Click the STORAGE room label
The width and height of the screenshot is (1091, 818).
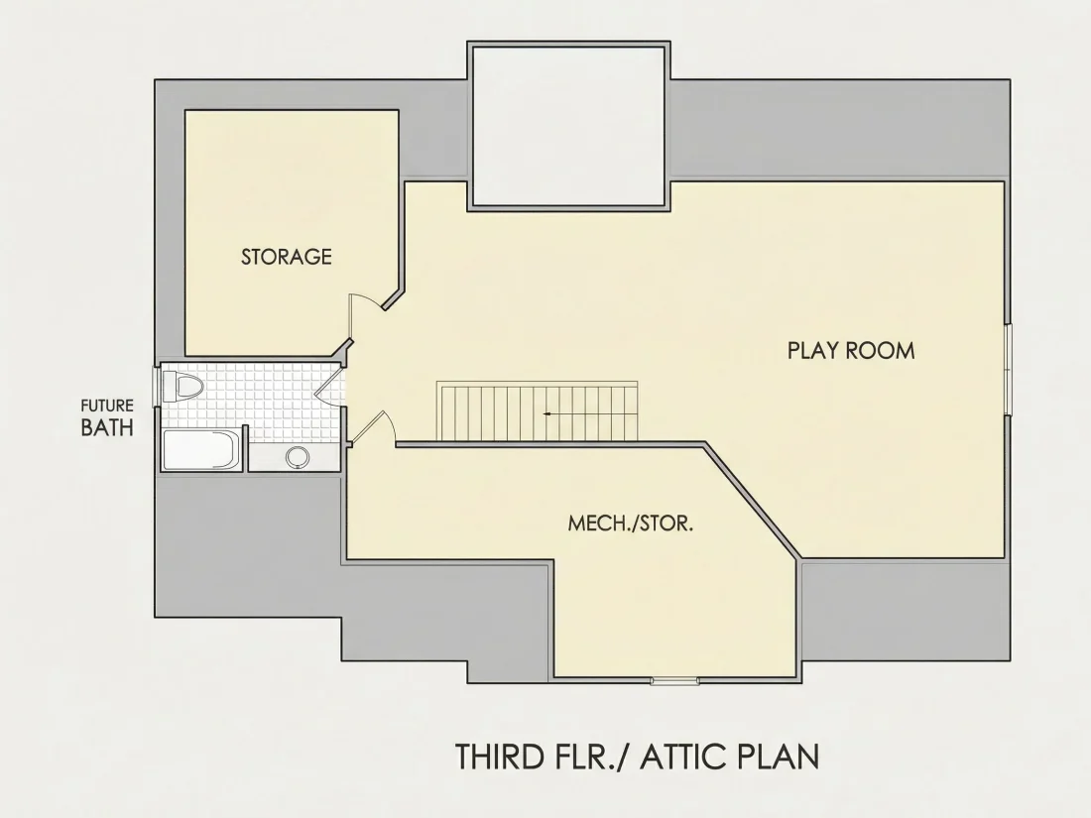point(287,257)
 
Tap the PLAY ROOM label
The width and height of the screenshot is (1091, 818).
point(851,350)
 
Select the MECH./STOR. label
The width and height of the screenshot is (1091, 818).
point(631,524)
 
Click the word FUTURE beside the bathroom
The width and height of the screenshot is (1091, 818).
point(107,406)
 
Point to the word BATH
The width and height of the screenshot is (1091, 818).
point(107,427)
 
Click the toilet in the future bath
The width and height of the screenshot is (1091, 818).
point(182,386)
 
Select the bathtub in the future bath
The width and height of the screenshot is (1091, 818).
point(201,451)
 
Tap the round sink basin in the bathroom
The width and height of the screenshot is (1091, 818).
point(298,457)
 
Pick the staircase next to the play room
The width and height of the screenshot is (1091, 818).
point(538,410)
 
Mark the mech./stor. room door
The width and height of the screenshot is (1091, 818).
point(372,427)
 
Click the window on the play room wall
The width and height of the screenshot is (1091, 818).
point(1009,370)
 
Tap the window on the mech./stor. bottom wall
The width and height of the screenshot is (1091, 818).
point(674,680)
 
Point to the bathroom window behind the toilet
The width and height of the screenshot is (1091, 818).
point(157,385)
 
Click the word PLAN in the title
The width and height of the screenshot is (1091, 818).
point(775,757)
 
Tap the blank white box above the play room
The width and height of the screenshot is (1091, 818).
point(568,126)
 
